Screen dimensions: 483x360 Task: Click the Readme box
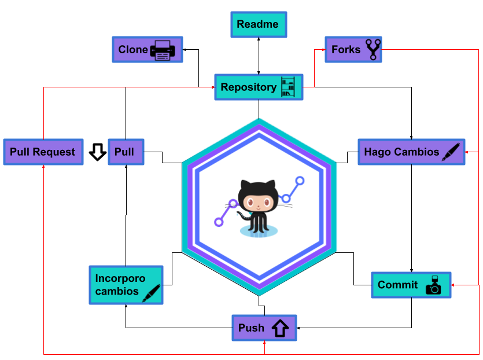click(x=259, y=25)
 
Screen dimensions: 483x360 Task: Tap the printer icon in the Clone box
click(x=163, y=50)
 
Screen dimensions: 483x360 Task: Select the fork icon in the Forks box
click(x=373, y=49)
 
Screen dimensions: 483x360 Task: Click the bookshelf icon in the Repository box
click(x=288, y=87)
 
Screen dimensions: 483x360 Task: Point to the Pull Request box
click(x=43, y=152)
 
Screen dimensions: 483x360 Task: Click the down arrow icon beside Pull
click(x=98, y=152)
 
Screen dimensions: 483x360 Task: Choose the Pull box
click(x=126, y=152)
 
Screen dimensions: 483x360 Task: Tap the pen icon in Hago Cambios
click(x=451, y=152)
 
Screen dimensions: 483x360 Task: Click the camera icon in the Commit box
click(x=433, y=285)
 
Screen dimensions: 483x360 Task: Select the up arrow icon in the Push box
click(x=280, y=328)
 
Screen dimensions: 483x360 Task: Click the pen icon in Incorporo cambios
click(x=151, y=293)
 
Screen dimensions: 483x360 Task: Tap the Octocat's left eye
click(x=250, y=203)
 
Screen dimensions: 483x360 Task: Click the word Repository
click(x=249, y=87)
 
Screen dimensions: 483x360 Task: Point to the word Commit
click(x=397, y=285)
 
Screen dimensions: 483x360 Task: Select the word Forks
click(x=346, y=50)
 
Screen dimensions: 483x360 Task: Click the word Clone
click(x=133, y=50)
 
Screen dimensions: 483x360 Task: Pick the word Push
click(x=251, y=328)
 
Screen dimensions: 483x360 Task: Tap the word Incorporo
click(x=120, y=278)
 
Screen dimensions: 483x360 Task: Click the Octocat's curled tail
click(x=244, y=215)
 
